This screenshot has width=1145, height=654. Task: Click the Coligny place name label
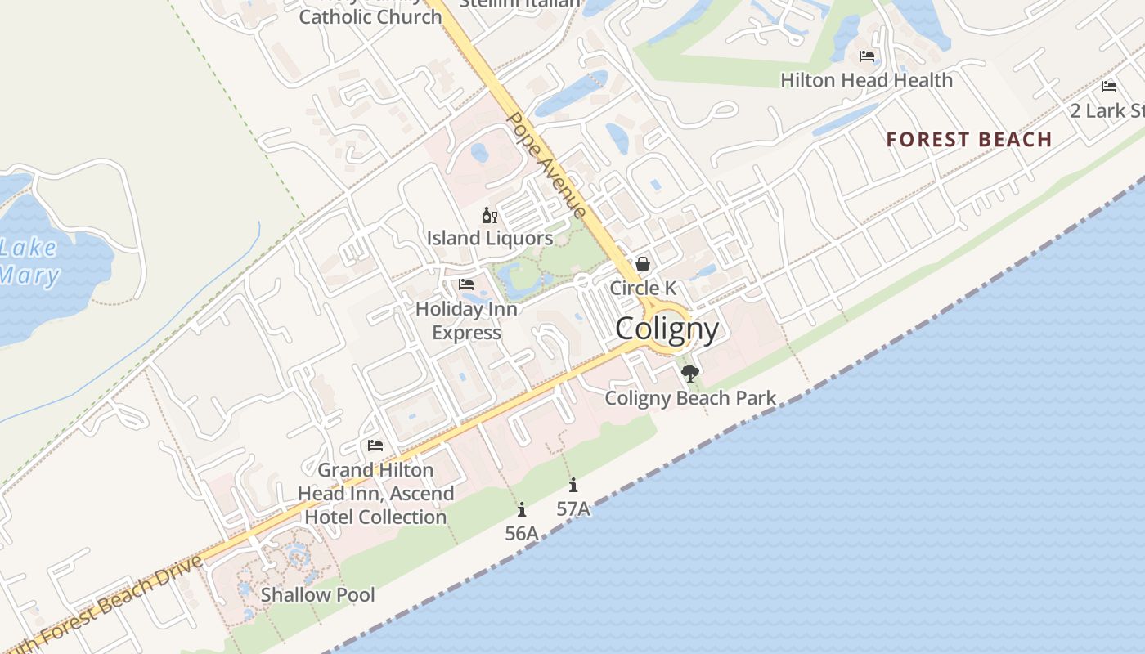(667, 329)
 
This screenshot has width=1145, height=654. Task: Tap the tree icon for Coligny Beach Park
(690, 374)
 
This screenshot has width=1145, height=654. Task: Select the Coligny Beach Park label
(690, 398)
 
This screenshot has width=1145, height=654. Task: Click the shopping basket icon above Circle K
(643, 264)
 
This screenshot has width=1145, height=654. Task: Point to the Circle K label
(643, 288)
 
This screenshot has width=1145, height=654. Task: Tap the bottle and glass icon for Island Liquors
(490, 216)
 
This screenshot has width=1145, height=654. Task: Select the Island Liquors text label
(490, 238)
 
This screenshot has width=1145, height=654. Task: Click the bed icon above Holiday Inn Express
(466, 284)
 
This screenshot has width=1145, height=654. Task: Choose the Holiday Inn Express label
(466, 320)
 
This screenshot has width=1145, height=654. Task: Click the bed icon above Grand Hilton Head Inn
(375, 446)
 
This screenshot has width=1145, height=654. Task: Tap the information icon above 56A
(522, 510)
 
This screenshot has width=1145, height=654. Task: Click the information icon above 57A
(573, 485)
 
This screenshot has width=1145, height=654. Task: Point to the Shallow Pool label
(317, 594)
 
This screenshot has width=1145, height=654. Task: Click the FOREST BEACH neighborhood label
(969, 139)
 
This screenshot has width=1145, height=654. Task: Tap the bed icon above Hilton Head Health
(867, 56)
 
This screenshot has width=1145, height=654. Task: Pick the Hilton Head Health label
(866, 80)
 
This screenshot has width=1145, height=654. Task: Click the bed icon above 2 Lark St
(1109, 87)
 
